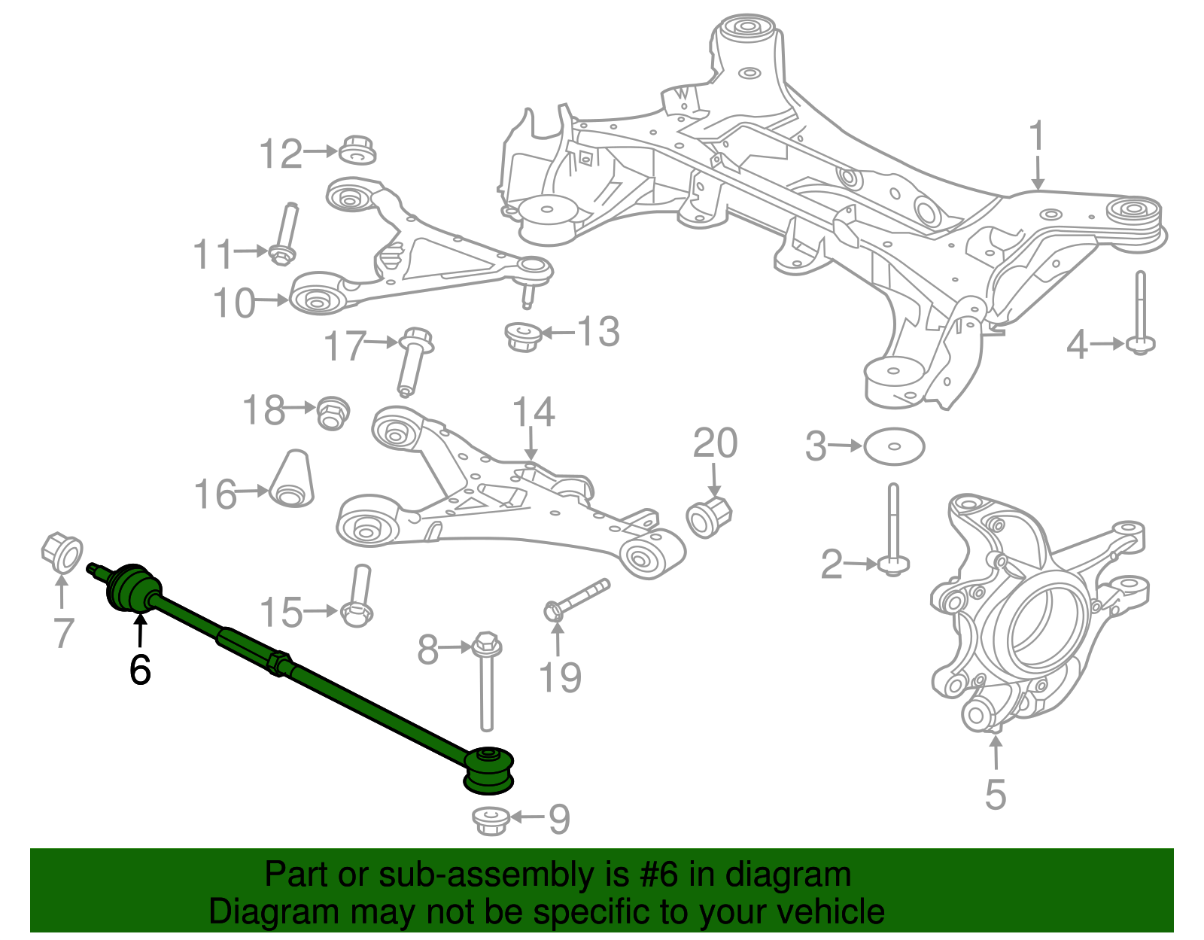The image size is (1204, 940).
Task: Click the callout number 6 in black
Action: [140, 669]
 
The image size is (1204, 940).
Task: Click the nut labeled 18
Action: [332, 412]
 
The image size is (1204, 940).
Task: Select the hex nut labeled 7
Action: [62, 553]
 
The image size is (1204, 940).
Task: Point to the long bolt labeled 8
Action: [486, 681]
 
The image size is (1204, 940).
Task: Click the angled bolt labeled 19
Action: [576, 599]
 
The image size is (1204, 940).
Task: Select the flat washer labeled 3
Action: [894, 446]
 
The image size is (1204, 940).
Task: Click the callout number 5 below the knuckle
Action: [995, 794]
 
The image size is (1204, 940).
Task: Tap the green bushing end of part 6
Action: [489, 769]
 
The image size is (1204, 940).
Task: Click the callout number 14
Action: [533, 412]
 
